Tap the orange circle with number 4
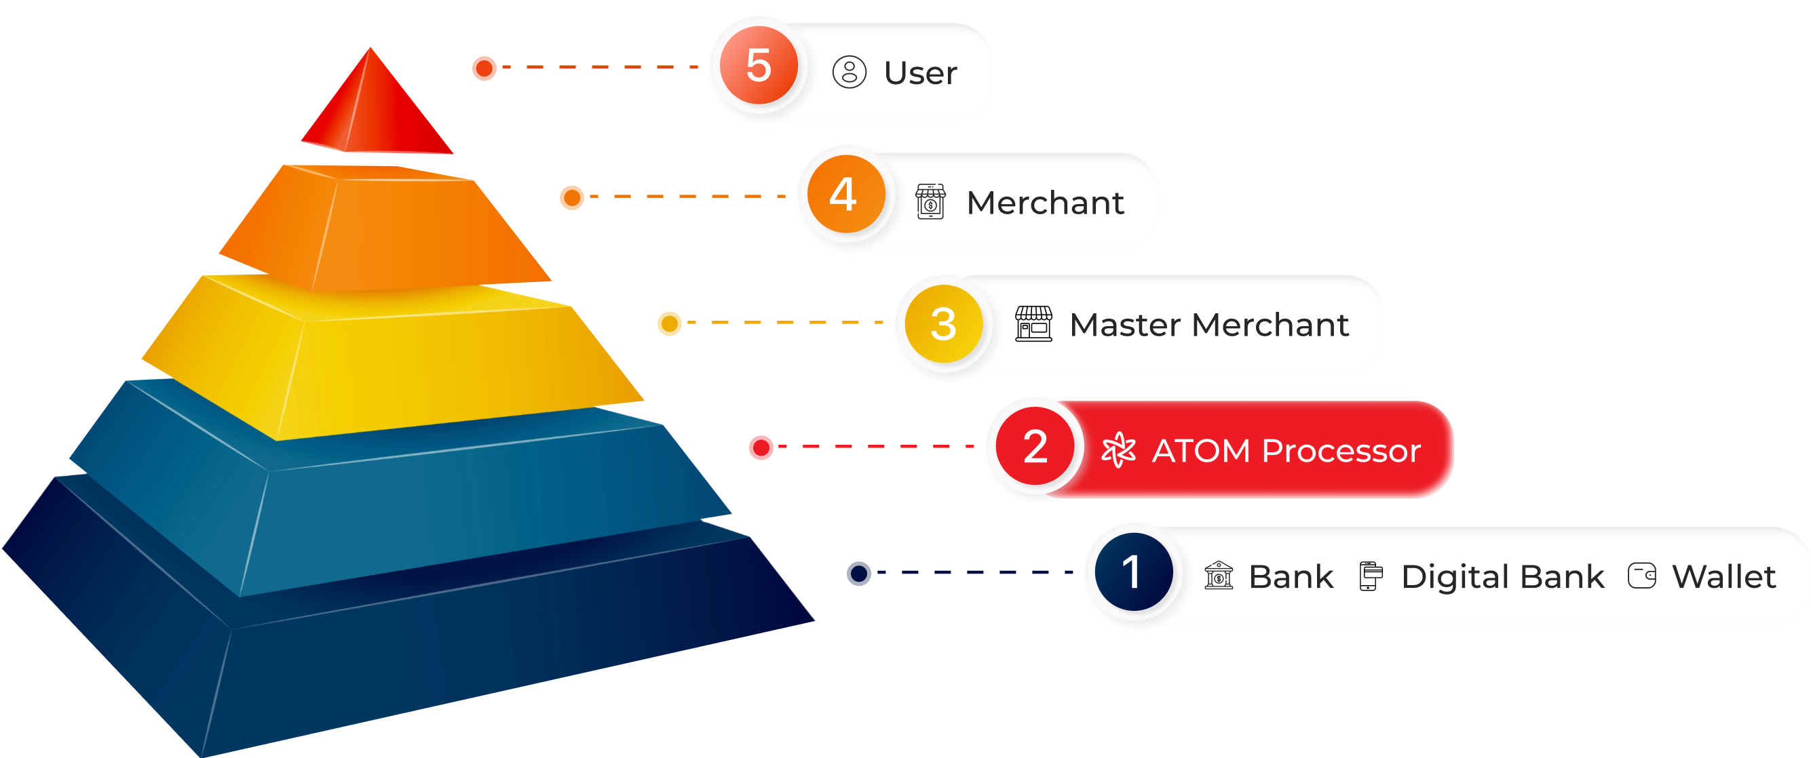point(845,195)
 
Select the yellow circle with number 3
point(943,324)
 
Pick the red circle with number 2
point(1035,446)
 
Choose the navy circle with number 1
point(1133,572)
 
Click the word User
point(920,73)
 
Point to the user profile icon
point(850,72)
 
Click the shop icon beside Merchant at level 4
point(930,201)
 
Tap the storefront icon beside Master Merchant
point(1033,324)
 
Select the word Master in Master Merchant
point(1125,325)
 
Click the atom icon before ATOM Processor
point(1118,450)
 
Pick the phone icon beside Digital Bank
point(1370,576)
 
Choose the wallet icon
point(1641,576)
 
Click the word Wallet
point(1724,577)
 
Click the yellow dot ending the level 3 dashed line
point(669,324)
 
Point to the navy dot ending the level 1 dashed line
point(859,573)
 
